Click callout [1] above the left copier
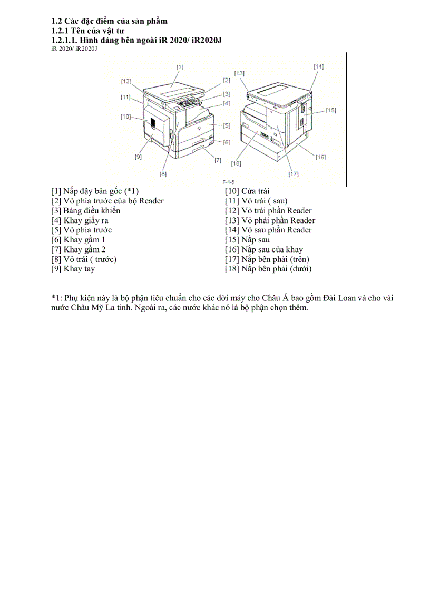pos(180,67)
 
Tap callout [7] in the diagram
pos(218,160)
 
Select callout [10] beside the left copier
pos(125,117)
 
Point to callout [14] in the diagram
pos(319,67)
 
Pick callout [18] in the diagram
pos(236,163)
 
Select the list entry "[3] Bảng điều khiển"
pos(85,211)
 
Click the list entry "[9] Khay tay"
pos(73,269)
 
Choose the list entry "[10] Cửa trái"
pos(247,191)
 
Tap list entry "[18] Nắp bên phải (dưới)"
pos(268,269)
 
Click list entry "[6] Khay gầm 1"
pos(78,240)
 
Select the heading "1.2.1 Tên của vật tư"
pos(87,31)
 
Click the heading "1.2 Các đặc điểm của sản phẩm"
pos(109,21)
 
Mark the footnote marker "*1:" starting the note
pos(57,298)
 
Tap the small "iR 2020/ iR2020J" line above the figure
pos(74,48)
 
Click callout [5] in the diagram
pos(226,125)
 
